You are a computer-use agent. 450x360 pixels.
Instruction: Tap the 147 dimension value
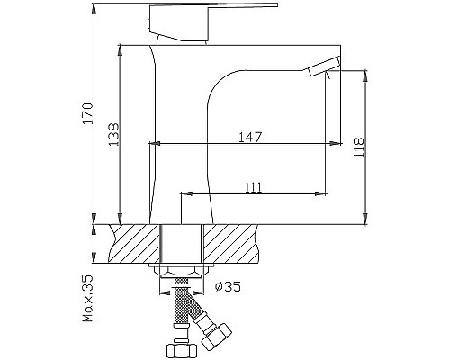(250, 137)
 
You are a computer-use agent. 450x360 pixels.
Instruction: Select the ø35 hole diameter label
(229, 289)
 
